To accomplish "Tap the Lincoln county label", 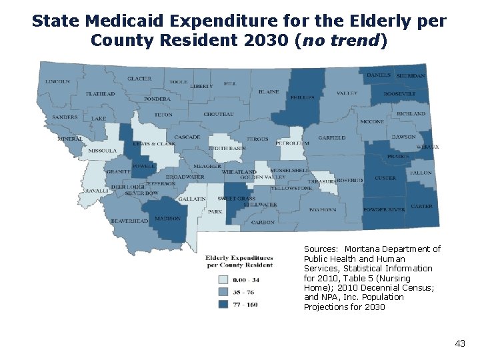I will pyautogui.click(x=57, y=81).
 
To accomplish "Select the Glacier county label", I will pyautogui.click(x=140, y=79).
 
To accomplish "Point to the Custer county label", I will pyautogui.click(x=385, y=178).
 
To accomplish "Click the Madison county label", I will pyautogui.click(x=167, y=218).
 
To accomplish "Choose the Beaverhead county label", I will pyautogui.click(x=129, y=221).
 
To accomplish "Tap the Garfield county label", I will pyautogui.click(x=332, y=138).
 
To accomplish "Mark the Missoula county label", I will pyautogui.click(x=102, y=151).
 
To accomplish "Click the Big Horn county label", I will pyautogui.click(x=323, y=209).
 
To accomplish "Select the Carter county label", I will pyautogui.click(x=421, y=207).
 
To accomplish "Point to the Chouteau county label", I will pyautogui.click(x=219, y=115).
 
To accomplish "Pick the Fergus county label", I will pyautogui.click(x=257, y=139).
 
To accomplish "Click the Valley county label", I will pyautogui.click(x=347, y=93).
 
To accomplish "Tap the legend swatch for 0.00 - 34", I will pyautogui.click(x=224, y=280).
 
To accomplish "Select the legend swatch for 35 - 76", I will pyautogui.click(x=224, y=292).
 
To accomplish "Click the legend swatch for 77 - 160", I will pyautogui.click(x=224, y=304).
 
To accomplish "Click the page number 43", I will pyautogui.click(x=459, y=343).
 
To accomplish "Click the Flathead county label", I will pyautogui.click(x=100, y=94).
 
